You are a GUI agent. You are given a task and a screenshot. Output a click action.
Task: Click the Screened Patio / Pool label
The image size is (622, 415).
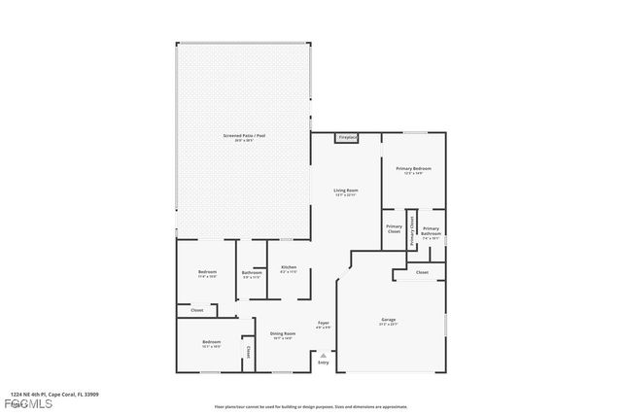244,136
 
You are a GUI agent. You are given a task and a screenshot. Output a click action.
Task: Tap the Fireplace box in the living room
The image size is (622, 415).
347,138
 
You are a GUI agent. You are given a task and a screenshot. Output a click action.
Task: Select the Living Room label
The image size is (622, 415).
346,190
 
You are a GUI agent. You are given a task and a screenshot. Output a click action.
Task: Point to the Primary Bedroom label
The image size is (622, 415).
414,169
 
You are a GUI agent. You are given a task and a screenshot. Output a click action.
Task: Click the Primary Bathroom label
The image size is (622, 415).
431,230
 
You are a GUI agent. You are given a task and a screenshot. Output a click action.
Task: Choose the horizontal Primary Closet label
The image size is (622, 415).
394,229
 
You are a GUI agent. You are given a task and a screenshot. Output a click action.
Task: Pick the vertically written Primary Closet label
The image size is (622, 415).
411,231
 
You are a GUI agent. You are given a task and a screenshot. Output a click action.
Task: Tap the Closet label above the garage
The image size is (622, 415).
422,272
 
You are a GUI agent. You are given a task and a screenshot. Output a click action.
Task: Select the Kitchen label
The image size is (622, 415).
289,268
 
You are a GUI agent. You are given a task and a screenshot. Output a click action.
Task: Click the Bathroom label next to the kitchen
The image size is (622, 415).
252,273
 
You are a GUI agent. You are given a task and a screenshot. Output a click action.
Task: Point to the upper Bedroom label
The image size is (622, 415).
207,272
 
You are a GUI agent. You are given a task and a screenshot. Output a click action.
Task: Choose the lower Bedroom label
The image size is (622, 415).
211,342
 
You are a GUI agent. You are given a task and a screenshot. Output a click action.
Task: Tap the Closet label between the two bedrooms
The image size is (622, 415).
196,310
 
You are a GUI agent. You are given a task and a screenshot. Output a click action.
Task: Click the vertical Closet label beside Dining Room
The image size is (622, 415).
247,352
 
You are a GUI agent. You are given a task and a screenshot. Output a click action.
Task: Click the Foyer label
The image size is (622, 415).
324,323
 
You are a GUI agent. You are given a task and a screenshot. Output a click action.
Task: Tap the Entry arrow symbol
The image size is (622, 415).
323,356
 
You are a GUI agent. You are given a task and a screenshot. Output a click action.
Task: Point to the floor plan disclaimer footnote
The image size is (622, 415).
311,406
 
